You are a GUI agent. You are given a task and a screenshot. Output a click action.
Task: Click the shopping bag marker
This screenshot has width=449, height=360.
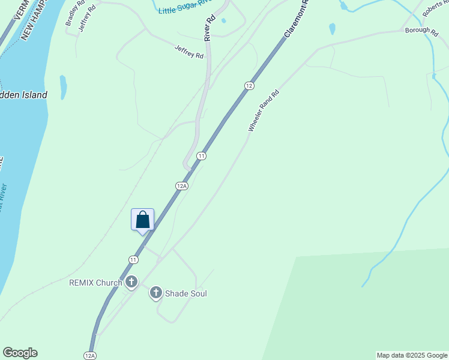(x=142, y=220)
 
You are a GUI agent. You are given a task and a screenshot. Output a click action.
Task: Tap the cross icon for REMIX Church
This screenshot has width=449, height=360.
(x=131, y=282)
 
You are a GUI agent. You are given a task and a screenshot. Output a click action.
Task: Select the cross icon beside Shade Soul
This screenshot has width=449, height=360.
(x=155, y=293)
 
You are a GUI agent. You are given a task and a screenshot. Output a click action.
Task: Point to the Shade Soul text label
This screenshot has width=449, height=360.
(x=186, y=293)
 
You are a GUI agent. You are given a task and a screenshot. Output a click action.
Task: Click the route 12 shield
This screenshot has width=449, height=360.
(x=249, y=86)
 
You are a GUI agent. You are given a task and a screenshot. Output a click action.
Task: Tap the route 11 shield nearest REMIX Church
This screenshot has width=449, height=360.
(x=133, y=259)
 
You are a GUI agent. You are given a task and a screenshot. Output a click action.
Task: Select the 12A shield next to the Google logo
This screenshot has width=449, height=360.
(x=90, y=355)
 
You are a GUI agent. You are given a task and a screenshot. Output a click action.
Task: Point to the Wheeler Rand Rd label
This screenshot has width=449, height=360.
(x=264, y=111)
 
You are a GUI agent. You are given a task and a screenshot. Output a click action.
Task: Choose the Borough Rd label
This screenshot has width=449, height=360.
(x=421, y=30)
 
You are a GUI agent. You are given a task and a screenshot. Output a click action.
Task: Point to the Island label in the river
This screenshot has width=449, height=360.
(x=24, y=95)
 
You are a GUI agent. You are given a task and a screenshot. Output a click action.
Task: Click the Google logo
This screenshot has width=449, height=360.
(x=20, y=353)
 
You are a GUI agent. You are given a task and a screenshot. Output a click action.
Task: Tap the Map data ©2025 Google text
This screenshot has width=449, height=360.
(x=412, y=355)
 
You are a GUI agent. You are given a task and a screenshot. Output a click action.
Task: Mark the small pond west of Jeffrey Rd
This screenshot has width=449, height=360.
(x=63, y=86)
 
